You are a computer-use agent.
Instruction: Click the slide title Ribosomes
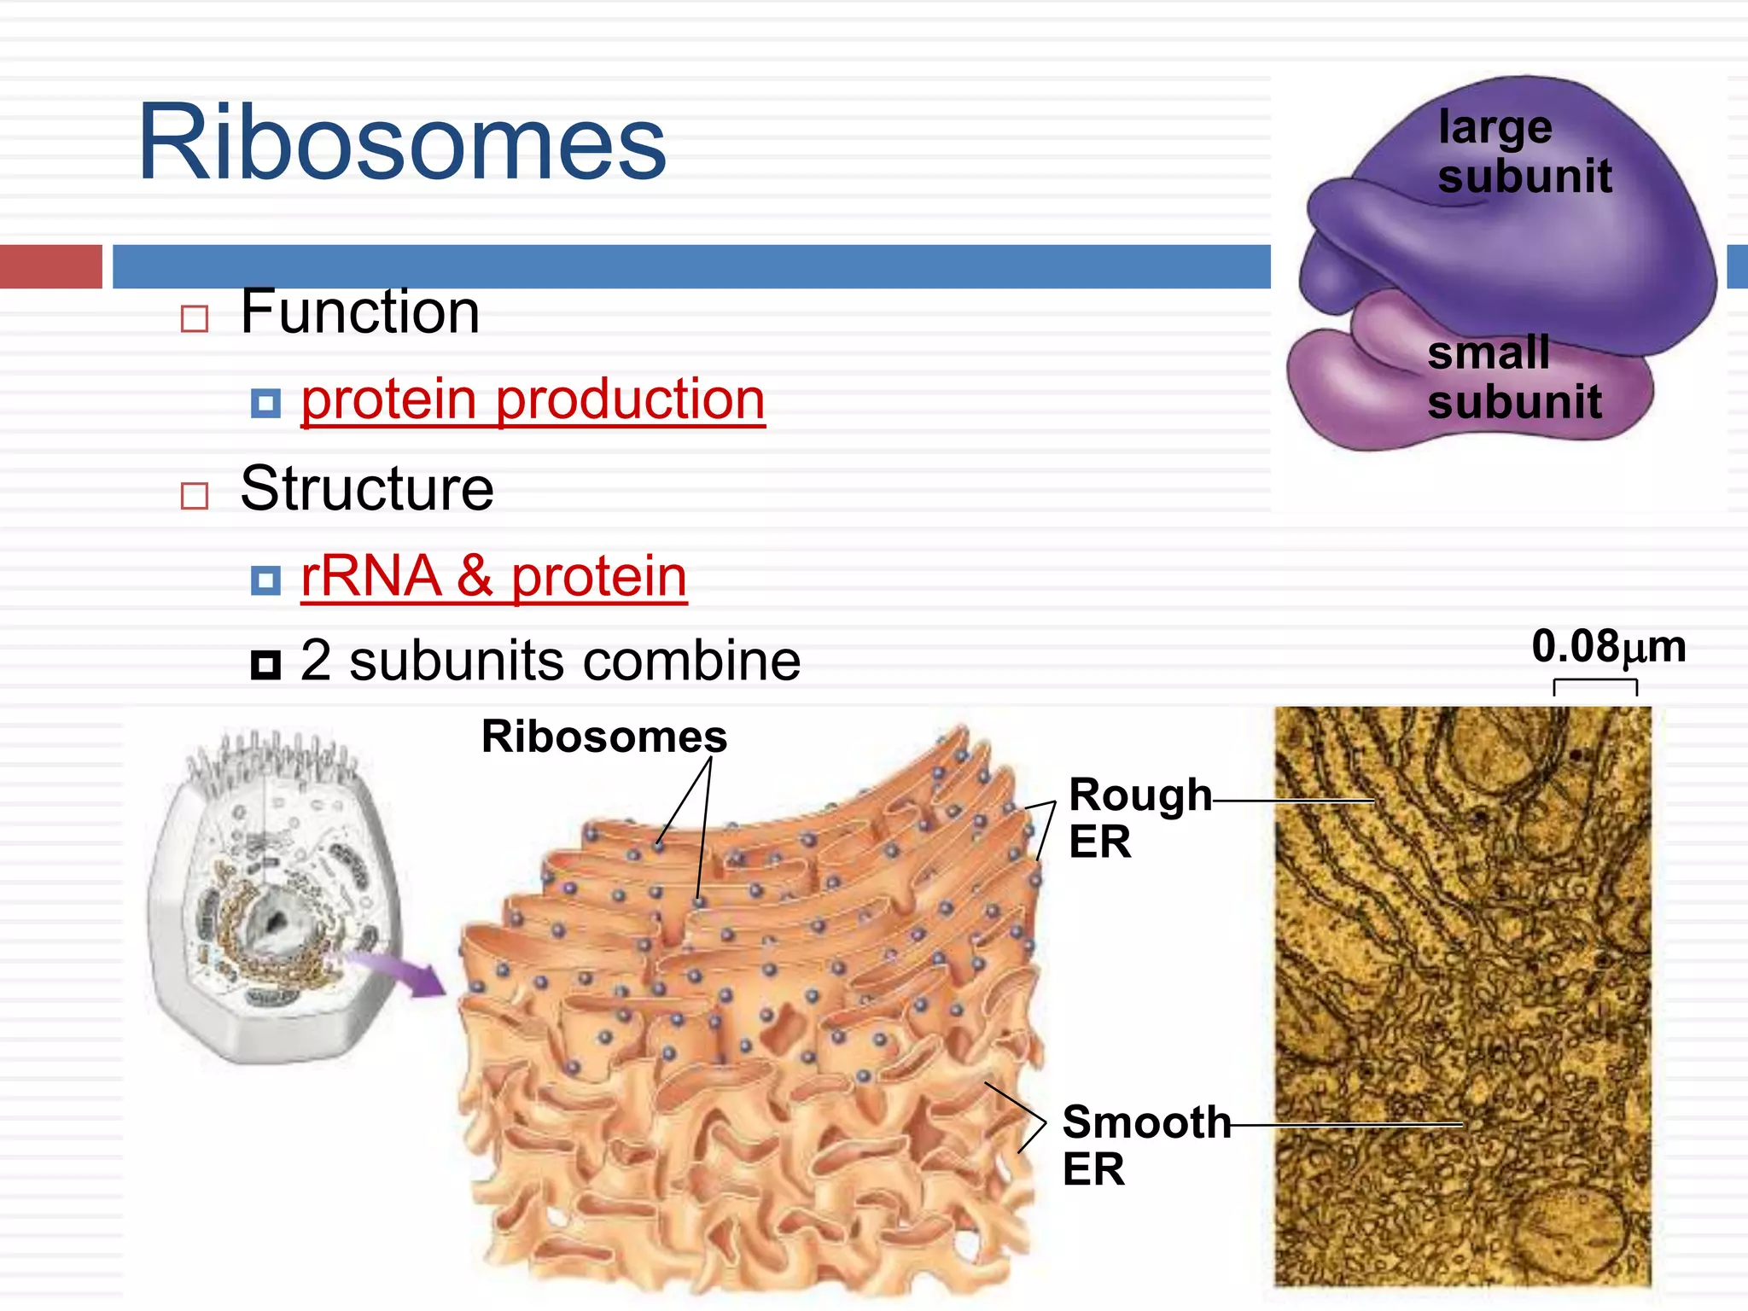tap(401, 143)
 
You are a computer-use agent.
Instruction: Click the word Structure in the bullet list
tap(367, 489)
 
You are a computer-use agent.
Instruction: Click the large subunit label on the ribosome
tap(1524, 152)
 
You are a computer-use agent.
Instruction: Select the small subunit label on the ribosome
tap(1513, 377)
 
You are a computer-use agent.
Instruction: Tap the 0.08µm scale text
tap(1608, 646)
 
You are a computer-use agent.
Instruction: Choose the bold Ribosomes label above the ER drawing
tap(603, 736)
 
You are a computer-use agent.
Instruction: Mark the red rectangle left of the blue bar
tap(50, 266)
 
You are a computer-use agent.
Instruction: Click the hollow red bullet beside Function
tap(195, 319)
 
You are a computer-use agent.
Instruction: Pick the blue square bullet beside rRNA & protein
tap(265, 581)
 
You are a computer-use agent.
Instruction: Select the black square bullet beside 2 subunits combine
tap(265, 664)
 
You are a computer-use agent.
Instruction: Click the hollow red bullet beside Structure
tap(195, 496)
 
